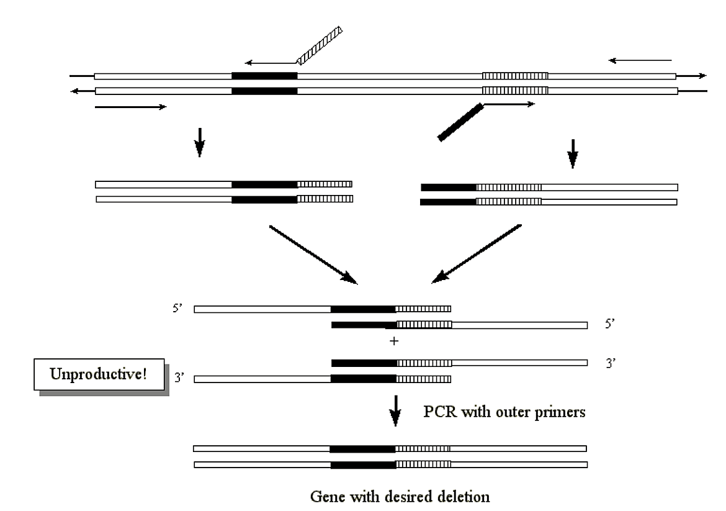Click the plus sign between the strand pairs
[x=393, y=341]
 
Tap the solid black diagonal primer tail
[x=460, y=122]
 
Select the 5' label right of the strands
[x=609, y=324]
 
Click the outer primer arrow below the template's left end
[x=130, y=107]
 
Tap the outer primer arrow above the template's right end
[x=640, y=60]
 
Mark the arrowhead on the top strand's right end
[x=702, y=76]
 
